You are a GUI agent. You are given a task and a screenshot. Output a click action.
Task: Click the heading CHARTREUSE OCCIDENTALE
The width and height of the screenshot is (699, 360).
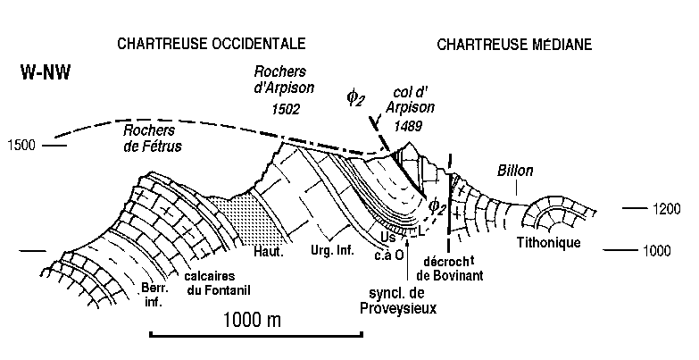point(210,43)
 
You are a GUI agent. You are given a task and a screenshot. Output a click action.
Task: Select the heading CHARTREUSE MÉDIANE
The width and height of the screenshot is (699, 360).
point(515,43)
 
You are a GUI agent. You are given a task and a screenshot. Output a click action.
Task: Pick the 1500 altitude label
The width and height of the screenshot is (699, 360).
point(21,144)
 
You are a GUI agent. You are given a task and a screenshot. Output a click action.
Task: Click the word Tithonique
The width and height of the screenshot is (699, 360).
point(549,244)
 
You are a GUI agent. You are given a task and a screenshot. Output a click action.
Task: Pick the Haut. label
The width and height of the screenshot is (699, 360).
point(268,252)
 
